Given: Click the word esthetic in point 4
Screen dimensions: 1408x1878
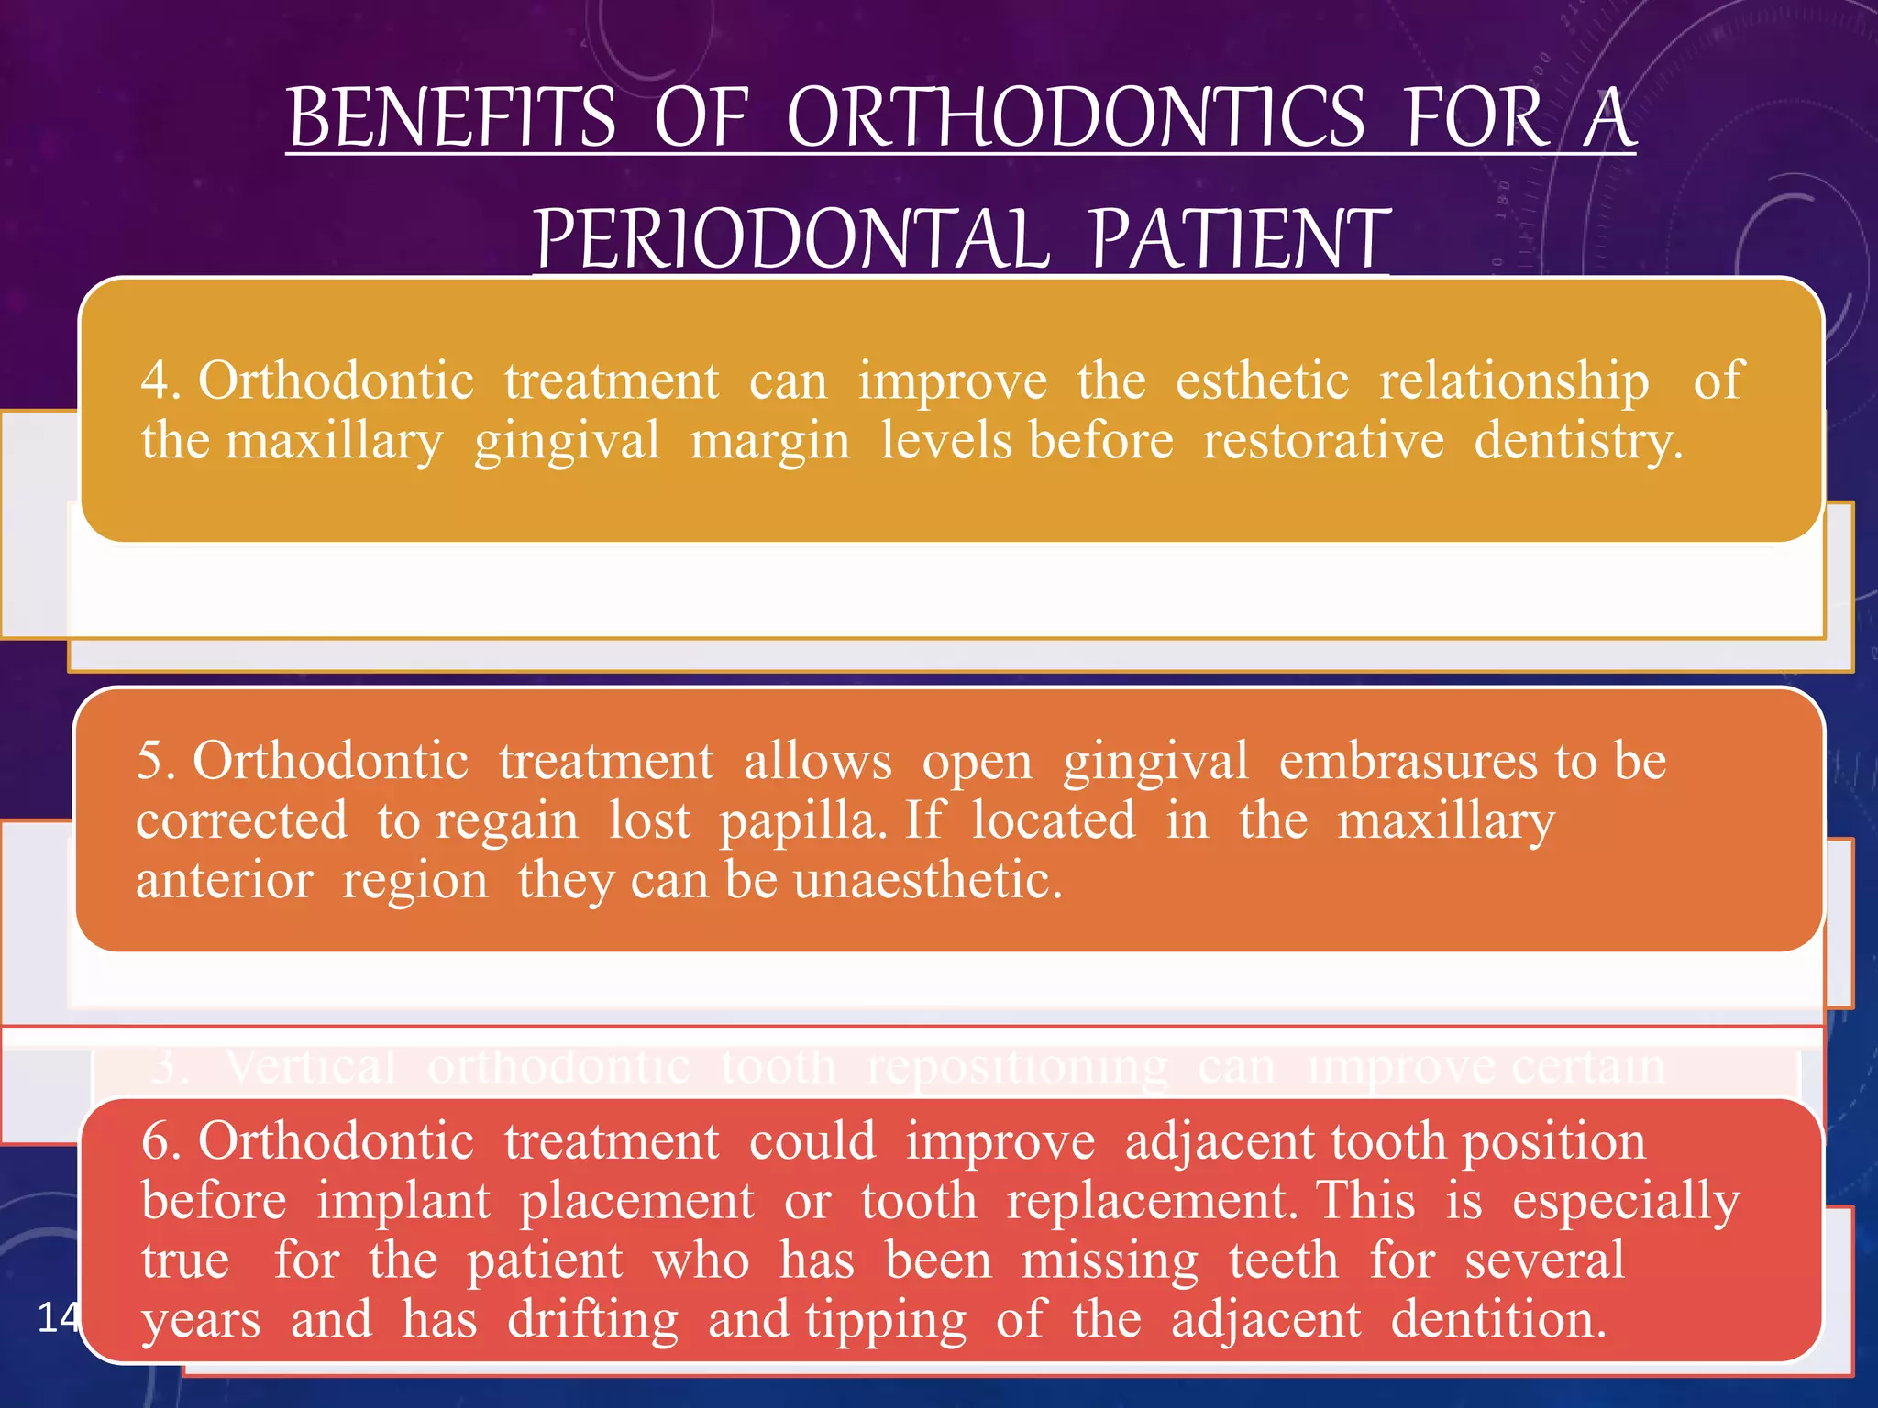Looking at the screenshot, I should [x=1262, y=380].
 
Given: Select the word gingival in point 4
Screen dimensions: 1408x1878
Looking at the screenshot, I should [x=566, y=441].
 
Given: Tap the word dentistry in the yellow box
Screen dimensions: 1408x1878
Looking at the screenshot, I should [x=1576, y=441].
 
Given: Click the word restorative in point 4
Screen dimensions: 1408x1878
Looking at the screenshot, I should [x=1322, y=441].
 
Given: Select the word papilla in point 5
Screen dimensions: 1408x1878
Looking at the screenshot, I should [x=801, y=820].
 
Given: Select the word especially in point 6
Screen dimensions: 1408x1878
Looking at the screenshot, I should [x=1625, y=1202].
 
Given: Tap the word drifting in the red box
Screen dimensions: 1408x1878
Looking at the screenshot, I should [x=592, y=1320].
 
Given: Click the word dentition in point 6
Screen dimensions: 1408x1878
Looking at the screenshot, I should [x=1497, y=1320].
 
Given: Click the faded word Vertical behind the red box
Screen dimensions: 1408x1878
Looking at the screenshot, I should [x=310, y=1066].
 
